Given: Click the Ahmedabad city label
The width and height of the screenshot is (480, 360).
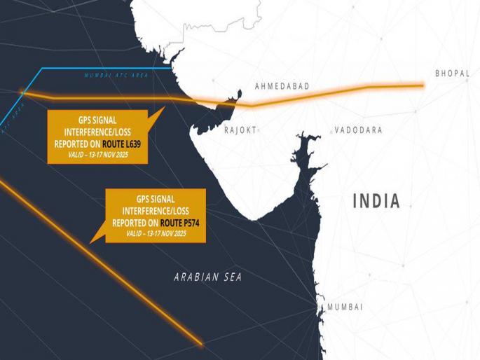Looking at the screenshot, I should tap(282, 85).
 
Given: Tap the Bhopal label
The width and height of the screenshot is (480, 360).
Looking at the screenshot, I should tap(453, 73).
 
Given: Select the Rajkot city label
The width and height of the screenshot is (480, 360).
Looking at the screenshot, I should tap(240, 130).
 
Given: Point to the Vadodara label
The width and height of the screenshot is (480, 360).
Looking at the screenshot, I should tap(358, 130).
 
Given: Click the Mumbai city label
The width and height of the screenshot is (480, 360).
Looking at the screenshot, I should tap(345, 307).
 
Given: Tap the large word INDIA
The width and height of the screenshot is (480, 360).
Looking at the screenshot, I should tap(376, 202).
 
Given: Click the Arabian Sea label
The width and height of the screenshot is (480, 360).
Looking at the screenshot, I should tap(207, 277).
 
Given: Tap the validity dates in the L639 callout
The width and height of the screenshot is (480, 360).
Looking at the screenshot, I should tap(97, 154).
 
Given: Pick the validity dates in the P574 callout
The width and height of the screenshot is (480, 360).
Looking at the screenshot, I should tap(156, 233).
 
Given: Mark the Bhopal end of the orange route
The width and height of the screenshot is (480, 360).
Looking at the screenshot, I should tap(423, 85).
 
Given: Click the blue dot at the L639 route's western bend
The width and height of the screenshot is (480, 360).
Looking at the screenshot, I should tap(22, 92).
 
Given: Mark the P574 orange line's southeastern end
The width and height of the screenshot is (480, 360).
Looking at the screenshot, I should tap(202, 343).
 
